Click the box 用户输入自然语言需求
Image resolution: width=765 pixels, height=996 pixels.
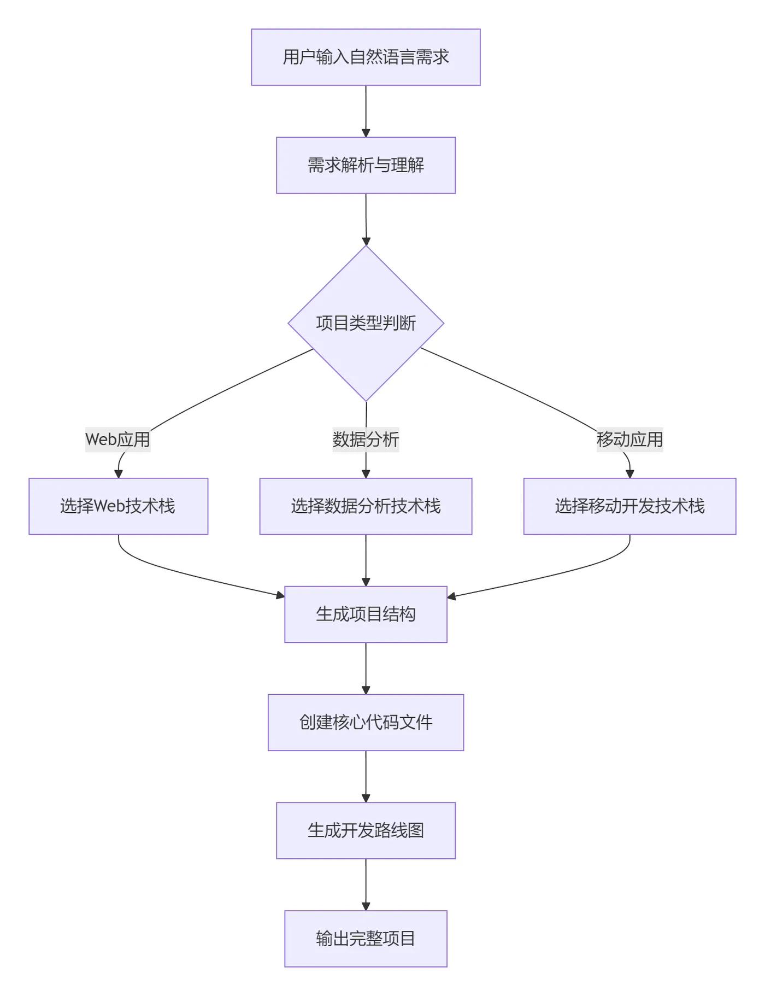(x=366, y=57)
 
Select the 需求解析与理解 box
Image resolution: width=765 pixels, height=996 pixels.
(x=366, y=165)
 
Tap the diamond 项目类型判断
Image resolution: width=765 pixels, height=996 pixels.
(x=366, y=323)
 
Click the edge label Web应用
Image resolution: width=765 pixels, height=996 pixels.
(x=117, y=440)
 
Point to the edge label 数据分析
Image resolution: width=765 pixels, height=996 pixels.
(x=366, y=440)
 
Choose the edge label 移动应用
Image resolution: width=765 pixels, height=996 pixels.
(x=629, y=440)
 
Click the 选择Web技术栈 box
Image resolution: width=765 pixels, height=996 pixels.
(x=119, y=506)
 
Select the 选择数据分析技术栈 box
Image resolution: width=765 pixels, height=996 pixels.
(x=366, y=506)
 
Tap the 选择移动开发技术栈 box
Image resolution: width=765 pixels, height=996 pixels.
(x=629, y=506)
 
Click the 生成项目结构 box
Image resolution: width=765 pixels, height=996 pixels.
(x=366, y=614)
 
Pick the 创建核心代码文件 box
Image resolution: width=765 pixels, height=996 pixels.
(x=366, y=723)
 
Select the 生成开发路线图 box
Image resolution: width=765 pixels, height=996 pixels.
(x=366, y=831)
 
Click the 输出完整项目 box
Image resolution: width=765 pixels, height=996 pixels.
(x=366, y=939)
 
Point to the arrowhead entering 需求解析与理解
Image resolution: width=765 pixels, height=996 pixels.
(x=366, y=133)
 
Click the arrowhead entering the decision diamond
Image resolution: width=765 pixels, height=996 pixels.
(x=366, y=241)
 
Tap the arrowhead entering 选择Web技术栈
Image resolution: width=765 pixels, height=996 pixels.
(x=119, y=474)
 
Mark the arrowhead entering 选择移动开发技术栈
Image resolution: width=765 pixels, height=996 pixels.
(x=630, y=474)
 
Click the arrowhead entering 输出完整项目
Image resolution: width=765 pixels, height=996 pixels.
(x=366, y=906)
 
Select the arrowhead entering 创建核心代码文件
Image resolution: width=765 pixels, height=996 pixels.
(x=366, y=690)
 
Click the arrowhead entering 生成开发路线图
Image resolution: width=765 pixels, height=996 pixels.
(x=366, y=798)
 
